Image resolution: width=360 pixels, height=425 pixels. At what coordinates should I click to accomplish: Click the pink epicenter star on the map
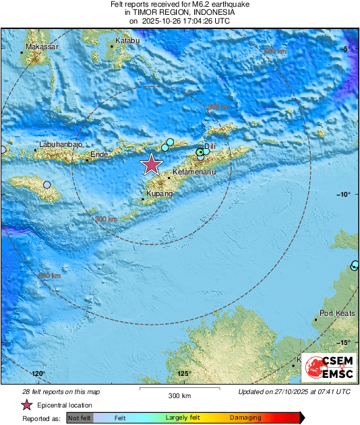click(152, 164)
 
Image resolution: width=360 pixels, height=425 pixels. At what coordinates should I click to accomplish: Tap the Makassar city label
click(42, 48)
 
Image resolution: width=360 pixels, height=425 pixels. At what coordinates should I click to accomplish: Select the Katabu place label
click(127, 42)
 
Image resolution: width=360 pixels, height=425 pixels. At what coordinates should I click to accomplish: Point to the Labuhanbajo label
click(61, 145)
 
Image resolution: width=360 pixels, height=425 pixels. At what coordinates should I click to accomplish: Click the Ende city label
click(99, 155)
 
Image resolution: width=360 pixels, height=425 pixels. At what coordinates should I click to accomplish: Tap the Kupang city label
click(160, 194)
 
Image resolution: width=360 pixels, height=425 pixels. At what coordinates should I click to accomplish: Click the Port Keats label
click(335, 313)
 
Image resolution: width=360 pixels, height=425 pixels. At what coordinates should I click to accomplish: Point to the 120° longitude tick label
click(37, 374)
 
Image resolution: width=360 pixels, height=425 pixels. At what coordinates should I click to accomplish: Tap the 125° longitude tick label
click(184, 374)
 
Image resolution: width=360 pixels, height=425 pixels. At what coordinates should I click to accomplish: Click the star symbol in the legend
click(27, 405)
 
